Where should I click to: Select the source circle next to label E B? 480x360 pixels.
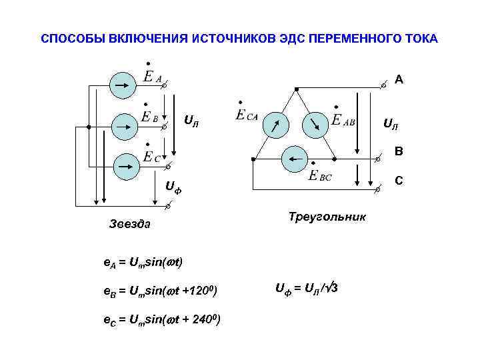[x=122, y=125]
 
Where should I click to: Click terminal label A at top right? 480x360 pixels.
[x=398, y=80]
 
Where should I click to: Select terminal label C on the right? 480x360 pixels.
[x=398, y=181]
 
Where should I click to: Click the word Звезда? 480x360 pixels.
[x=130, y=224]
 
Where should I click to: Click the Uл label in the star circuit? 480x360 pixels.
[x=191, y=122]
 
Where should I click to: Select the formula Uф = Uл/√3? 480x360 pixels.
[x=310, y=289]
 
